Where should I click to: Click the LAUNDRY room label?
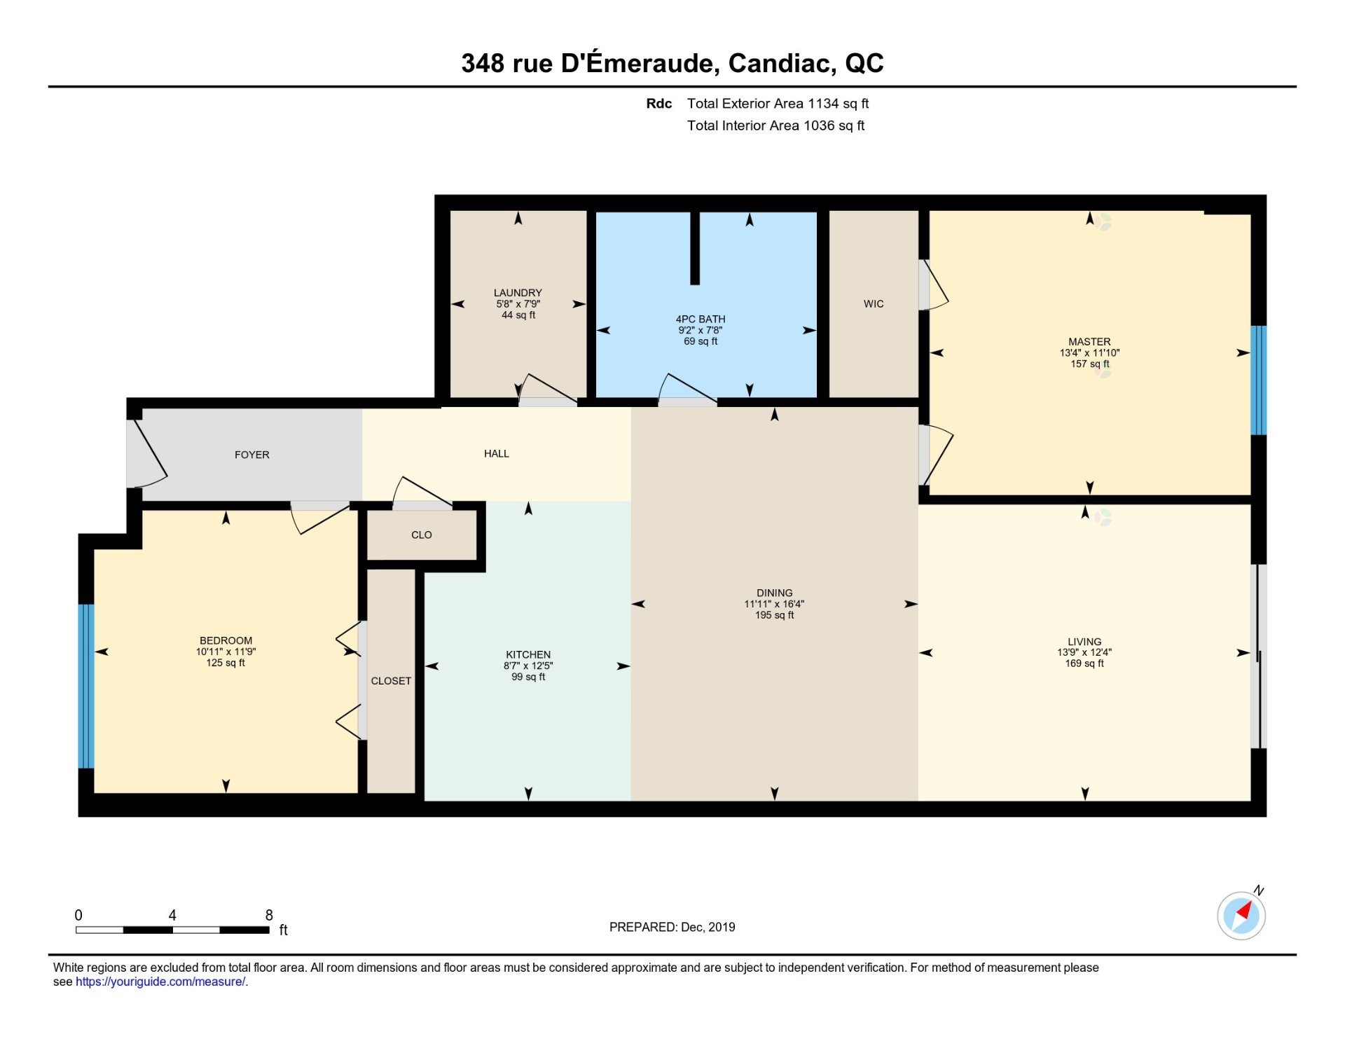(x=518, y=293)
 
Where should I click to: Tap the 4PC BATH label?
(x=700, y=319)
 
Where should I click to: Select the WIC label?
(x=873, y=304)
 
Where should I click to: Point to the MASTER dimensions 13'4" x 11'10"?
(x=1089, y=353)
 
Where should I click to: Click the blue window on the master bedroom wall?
(x=1258, y=380)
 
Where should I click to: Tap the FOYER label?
(x=251, y=455)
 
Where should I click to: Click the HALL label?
(x=496, y=454)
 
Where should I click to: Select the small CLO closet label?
(x=421, y=535)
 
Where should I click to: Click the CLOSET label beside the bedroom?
(x=391, y=681)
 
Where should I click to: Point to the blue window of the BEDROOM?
(x=85, y=686)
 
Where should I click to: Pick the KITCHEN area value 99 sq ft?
(x=528, y=677)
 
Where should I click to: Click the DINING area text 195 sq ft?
(x=774, y=615)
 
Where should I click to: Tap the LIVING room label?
(x=1084, y=642)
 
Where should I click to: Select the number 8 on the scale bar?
(x=269, y=915)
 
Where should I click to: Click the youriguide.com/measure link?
(x=160, y=982)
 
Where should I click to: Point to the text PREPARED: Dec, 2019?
(x=672, y=927)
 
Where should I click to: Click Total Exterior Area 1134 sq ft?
(x=778, y=104)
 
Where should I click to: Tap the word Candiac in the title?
(x=781, y=63)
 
